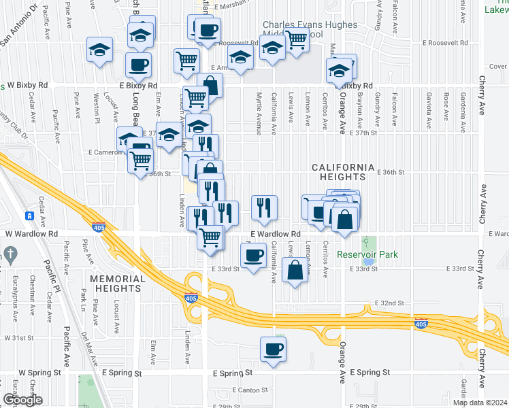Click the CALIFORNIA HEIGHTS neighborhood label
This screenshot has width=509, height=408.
click(x=344, y=172)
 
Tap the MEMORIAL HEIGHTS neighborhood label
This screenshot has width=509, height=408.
click(x=116, y=284)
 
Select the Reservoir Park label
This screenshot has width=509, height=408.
click(x=367, y=255)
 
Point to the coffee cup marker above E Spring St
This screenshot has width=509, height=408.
click(x=273, y=350)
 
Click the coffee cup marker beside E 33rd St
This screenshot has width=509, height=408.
click(x=254, y=256)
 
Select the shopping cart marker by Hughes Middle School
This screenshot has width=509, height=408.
click(x=296, y=40)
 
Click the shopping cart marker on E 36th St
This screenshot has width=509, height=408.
click(x=141, y=161)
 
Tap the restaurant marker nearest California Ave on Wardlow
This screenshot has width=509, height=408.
click(x=263, y=207)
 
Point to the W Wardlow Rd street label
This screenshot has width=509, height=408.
click(x=29, y=233)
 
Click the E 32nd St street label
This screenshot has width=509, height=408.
click(x=389, y=303)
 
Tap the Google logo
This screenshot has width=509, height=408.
click(x=22, y=399)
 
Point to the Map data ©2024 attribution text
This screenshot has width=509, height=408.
click(x=480, y=403)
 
